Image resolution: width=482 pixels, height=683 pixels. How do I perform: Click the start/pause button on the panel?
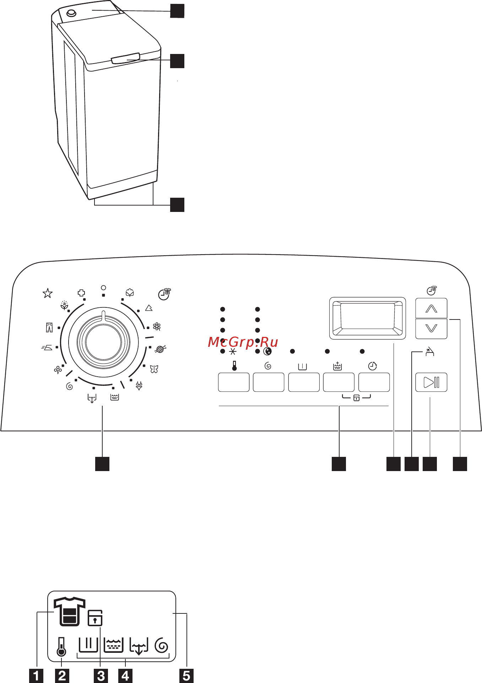pyautogui.click(x=431, y=382)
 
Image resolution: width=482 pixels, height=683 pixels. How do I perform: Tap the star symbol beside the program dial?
pyautogui.click(x=48, y=293)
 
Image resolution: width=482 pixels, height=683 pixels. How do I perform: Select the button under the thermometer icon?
pyautogui.click(x=233, y=382)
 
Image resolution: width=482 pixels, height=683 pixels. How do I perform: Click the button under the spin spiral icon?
pyautogui.click(x=269, y=382)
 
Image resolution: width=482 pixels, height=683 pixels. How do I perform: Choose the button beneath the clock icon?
pyautogui.click(x=374, y=382)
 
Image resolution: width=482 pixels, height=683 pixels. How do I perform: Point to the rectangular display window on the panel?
pyautogui.click(x=367, y=318)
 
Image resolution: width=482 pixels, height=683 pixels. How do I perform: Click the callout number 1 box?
pyautogui.click(x=36, y=676)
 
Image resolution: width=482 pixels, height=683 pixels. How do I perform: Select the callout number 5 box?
pyautogui.click(x=186, y=676)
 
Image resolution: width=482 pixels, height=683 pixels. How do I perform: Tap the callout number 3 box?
pyautogui.click(x=101, y=676)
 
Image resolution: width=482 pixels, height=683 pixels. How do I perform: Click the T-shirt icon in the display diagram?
pyautogui.click(x=69, y=611)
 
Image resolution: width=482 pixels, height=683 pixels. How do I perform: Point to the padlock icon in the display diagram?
pyautogui.click(x=95, y=618)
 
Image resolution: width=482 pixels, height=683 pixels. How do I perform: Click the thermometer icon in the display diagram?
pyautogui.click(x=61, y=647)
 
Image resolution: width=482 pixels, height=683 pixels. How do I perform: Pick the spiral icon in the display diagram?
pyautogui.click(x=162, y=645)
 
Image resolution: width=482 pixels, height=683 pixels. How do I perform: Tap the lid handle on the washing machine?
pyautogui.click(x=125, y=58)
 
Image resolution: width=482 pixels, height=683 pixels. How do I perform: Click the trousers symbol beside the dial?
pyautogui.click(x=49, y=327)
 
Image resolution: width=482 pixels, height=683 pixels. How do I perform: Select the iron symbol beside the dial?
pyautogui.click(x=47, y=348)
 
